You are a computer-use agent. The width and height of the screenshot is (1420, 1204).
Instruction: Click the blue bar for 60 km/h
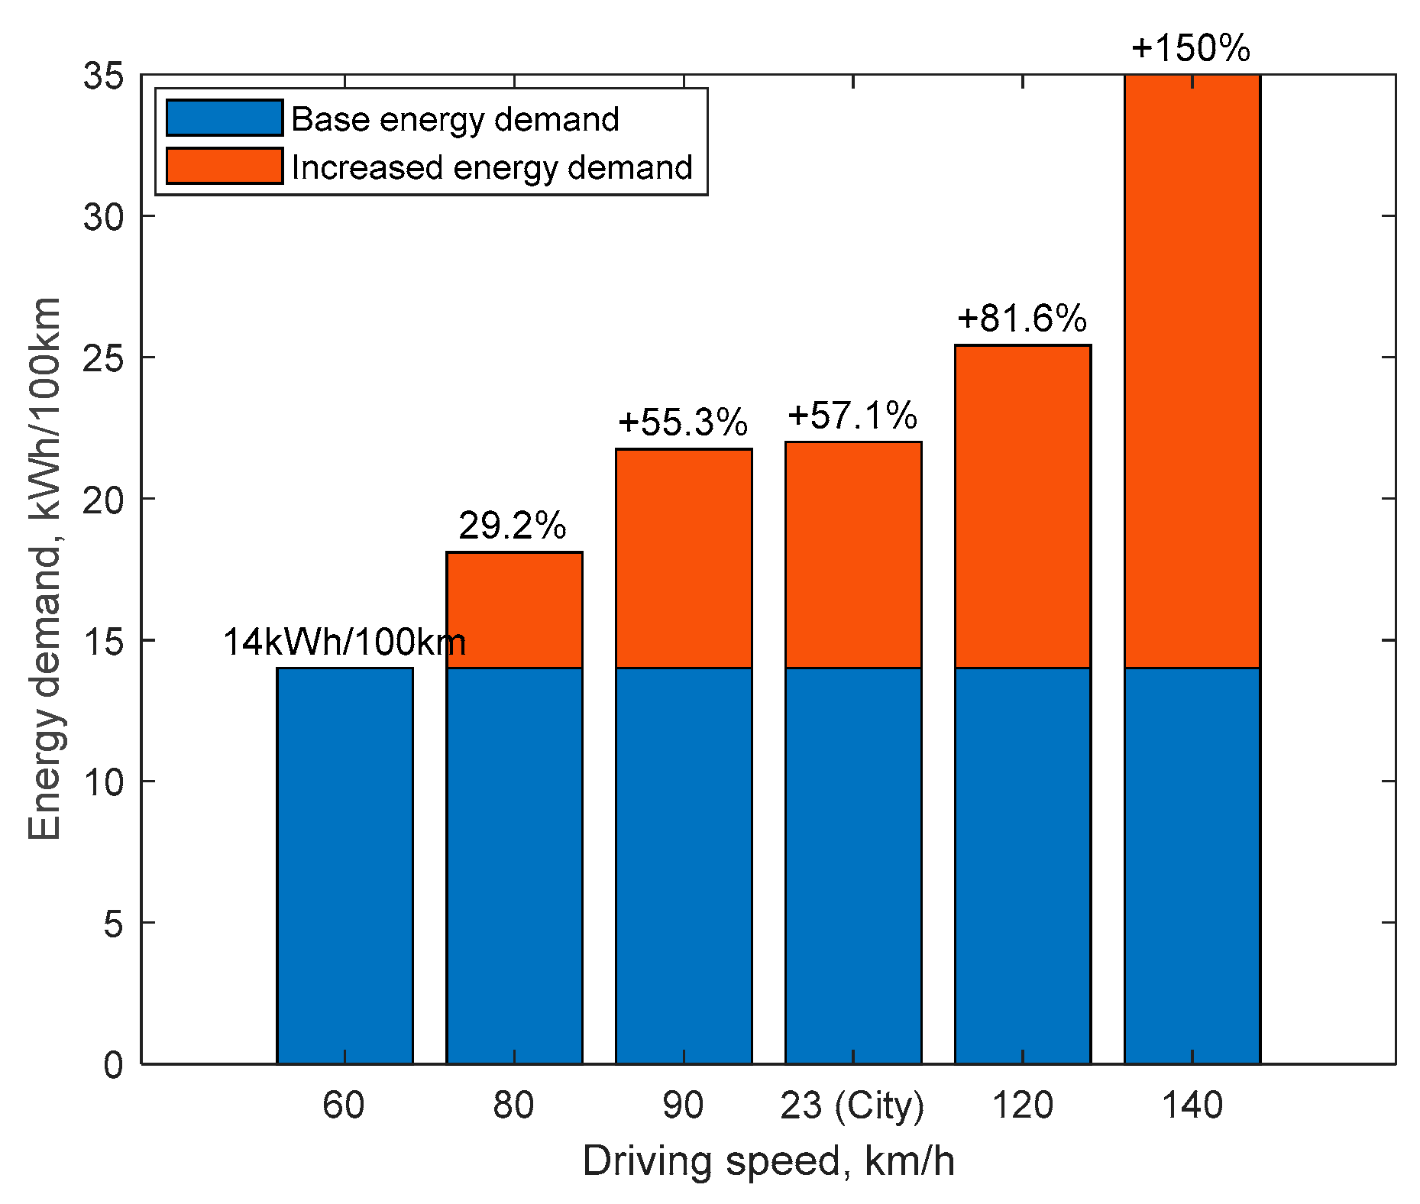[x=344, y=865]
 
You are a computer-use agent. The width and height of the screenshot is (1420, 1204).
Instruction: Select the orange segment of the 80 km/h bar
[x=514, y=610]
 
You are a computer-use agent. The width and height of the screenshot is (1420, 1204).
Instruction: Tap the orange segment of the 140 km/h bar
[x=1192, y=371]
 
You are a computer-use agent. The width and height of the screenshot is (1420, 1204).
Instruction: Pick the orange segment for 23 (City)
[x=852, y=555]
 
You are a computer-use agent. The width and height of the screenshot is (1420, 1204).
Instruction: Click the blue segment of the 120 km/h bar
[x=1022, y=865]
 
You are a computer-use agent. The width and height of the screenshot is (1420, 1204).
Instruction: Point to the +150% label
[x=1190, y=49]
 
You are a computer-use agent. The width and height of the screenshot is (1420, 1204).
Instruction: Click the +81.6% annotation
[x=1021, y=319]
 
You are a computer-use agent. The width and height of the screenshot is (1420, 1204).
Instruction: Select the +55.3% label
[x=682, y=422]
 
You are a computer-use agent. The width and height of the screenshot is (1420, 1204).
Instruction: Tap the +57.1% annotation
[x=852, y=416]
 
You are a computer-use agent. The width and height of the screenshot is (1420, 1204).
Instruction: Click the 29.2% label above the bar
[x=513, y=526]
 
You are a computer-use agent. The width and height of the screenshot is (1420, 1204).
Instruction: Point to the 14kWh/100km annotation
[x=344, y=642]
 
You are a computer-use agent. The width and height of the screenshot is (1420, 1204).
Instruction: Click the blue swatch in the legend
[x=225, y=118]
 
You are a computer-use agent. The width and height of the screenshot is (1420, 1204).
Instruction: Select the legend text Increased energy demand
[x=492, y=167]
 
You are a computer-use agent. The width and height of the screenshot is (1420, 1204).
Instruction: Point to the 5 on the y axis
[x=113, y=924]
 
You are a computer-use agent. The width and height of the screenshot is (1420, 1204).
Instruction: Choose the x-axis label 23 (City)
[x=852, y=1105]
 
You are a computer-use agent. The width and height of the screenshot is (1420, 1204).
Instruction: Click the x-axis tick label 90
[x=682, y=1105]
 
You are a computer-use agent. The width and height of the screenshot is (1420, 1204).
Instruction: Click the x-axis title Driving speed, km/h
[x=768, y=1161]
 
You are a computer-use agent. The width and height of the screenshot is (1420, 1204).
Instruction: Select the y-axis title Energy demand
[x=44, y=568]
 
